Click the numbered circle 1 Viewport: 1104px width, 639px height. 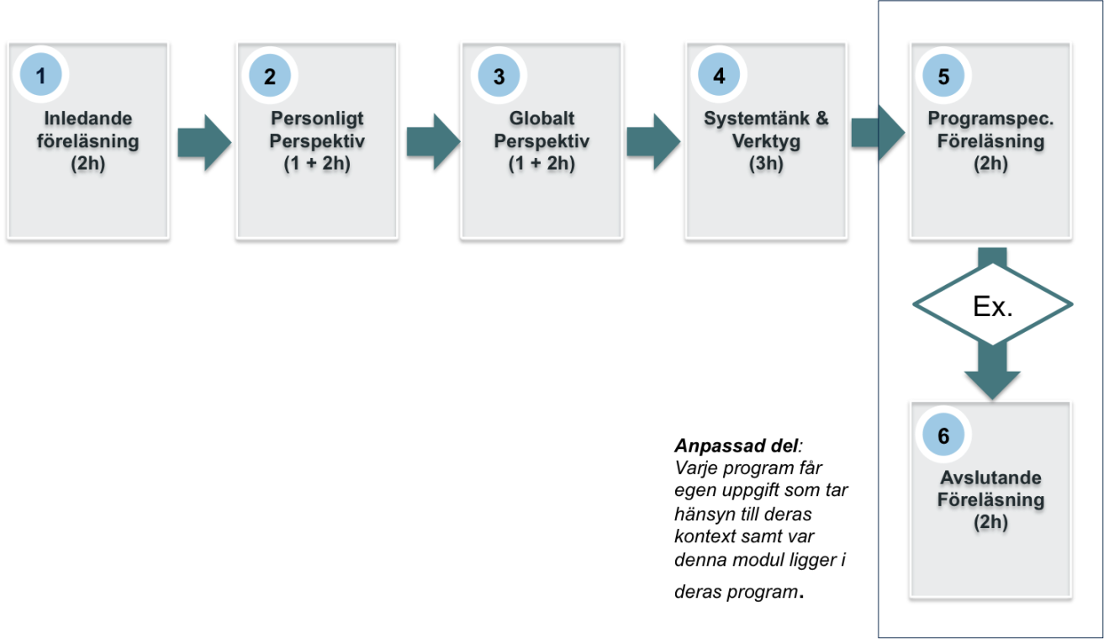(40, 76)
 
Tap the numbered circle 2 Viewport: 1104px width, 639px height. (270, 76)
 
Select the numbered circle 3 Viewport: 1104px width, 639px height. (499, 76)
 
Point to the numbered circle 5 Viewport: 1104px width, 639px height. (943, 76)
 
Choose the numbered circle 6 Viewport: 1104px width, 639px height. (943, 436)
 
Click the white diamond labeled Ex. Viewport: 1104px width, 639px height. (993, 305)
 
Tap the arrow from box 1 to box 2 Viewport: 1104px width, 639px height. (203, 141)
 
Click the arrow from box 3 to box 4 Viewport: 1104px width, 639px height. (653, 141)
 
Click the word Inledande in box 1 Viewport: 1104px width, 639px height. (88, 119)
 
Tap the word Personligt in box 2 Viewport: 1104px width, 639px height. (317, 119)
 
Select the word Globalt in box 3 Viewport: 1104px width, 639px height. (541, 119)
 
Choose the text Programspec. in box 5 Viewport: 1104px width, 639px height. (991, 120)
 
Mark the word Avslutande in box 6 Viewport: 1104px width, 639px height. (991, 479)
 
